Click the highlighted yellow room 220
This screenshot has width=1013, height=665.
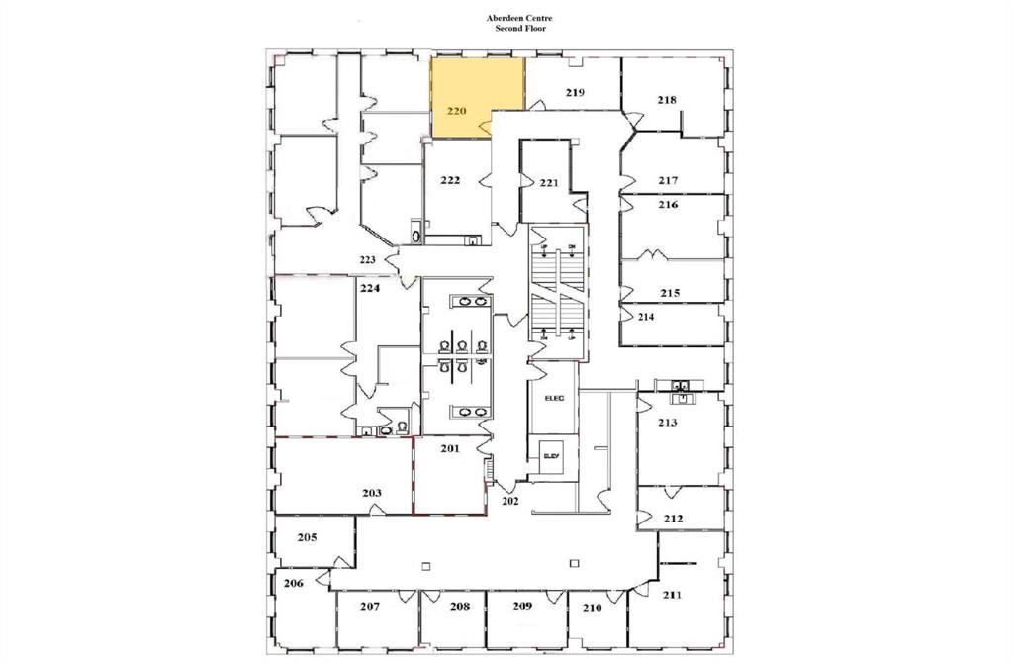coord(476,96)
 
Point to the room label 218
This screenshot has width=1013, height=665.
coord(667,99)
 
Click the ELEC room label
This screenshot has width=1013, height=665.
coord(553,398)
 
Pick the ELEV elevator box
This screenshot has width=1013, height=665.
coord(551,455)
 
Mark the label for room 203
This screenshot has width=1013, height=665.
coord(372,492)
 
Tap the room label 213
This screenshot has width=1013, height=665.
coord(667,423)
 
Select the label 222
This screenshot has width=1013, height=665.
coord(450,179)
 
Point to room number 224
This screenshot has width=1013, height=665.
coord(370,289)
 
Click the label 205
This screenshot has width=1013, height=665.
coord(307,537)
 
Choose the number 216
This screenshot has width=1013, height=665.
coord(668,205)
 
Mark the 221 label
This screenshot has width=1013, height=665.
coord(550,183)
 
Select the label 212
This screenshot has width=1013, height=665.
coord(673,517)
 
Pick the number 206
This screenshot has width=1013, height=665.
coord(293,584)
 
